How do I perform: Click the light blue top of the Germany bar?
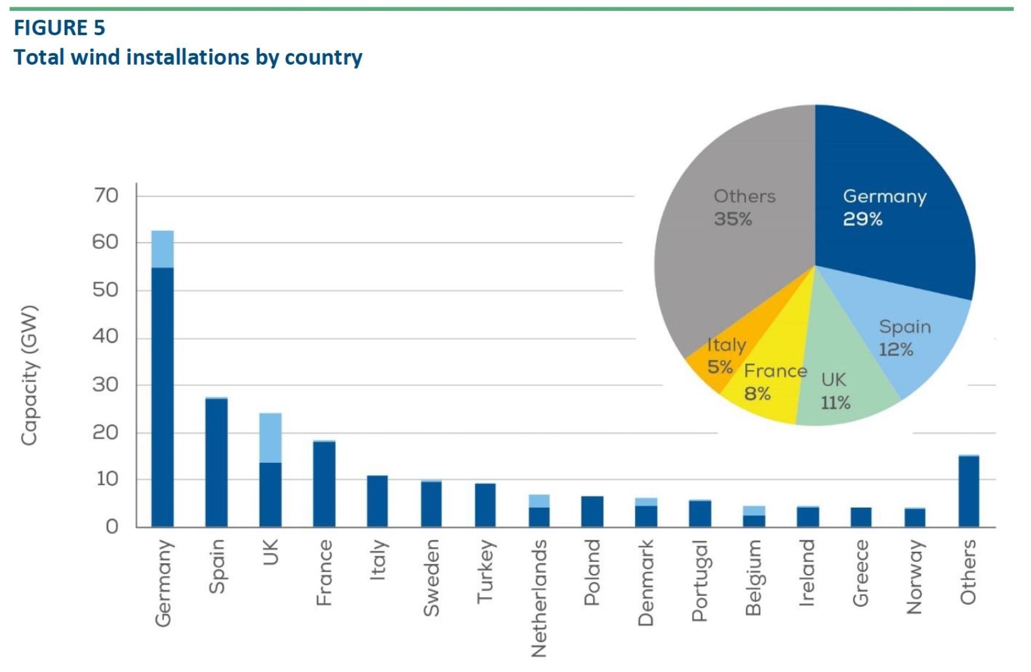(x=162, y=248)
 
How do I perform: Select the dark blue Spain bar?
(x=216, y=462)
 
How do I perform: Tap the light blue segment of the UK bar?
(x=270, y=438)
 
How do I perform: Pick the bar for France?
(x=324, y=483)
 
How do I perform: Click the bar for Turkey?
(x=485, y=505)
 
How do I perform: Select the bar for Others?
(x=969, y=491)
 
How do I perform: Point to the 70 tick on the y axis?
(x=106, y=195)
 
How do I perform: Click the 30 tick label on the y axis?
(x=106, y=384)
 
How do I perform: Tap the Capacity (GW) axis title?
(x=29, y=376)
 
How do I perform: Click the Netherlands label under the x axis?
(x=538, y=598)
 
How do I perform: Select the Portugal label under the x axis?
(x=699, y=581)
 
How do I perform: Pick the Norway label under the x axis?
(x=915, y=577)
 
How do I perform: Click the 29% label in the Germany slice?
(x=863, y=219)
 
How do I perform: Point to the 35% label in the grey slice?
(x=733, y=219)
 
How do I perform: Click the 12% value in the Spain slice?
(x=896, y=349)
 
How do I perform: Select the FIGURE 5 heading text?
(x=59, y=28)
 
